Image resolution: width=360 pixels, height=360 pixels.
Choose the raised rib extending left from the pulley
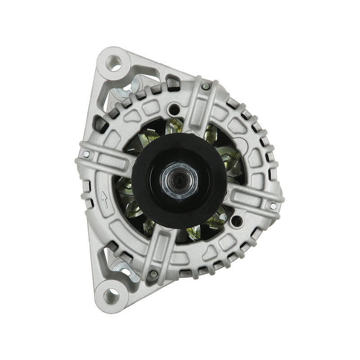[x=108, y=157]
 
